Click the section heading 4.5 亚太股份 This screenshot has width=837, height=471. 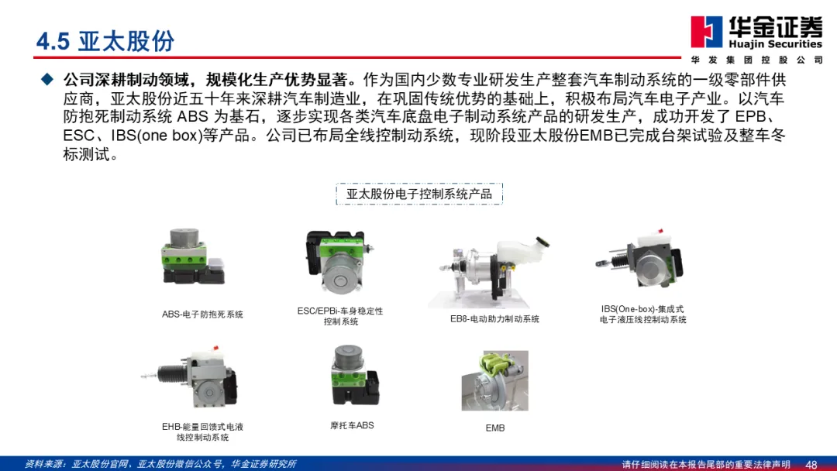[x=105, y=41]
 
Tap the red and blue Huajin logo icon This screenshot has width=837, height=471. [x=706, y=32]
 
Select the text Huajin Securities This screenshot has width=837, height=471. [x=775, y=44]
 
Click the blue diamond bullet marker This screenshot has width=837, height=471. [x=47, y=80]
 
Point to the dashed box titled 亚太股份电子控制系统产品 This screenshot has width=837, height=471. [x=419, y=194]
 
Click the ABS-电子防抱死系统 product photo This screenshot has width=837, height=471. [x=193, y=256]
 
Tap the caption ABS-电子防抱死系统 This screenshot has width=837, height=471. [x=202, y=315]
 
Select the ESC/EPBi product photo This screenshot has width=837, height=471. [x=339, y=260]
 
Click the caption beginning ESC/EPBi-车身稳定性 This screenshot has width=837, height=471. [x=340, y=316]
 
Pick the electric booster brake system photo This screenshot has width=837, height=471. [x=490, y=272]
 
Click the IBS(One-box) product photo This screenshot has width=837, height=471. [x=639, y=260]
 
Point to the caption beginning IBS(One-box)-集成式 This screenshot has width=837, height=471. [x=642, y=315]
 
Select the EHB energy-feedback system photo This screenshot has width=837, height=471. [x=191, y=377]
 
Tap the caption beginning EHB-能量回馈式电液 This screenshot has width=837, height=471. [x=202, y=432]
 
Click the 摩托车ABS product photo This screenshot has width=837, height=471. [x=354, y=375]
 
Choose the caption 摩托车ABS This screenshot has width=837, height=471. [x=352, y=425]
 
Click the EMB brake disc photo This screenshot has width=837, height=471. [x=494, y=380]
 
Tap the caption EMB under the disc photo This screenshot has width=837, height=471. [x=494, y=428]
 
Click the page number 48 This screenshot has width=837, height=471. [x=811, y=465]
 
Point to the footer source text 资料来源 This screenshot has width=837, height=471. [x=160, y=464]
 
